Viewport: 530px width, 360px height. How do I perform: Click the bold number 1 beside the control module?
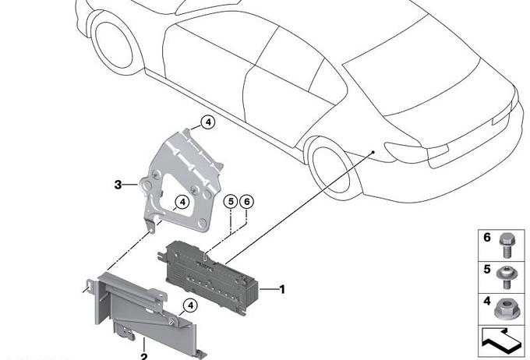point(282,289)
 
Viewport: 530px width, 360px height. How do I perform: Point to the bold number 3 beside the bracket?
point(118,185)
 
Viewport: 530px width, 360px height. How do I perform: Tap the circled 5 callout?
point(231,202)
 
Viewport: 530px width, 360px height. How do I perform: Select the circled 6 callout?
point(247,202)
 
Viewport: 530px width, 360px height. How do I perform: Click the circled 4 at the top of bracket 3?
point(208,122)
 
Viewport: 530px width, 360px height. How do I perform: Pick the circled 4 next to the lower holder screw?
point(191,305)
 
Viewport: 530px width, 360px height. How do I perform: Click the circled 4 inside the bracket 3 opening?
point(182,202)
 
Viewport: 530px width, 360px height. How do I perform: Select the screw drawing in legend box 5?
point(506,277)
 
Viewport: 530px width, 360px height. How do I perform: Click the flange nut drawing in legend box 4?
point(506,309)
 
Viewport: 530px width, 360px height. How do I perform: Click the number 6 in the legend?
point(486,238)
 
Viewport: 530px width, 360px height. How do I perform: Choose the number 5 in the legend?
point(486,269)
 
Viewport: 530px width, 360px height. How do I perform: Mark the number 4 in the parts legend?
point(486,301)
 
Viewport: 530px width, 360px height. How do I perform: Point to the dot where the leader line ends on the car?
point(373,152)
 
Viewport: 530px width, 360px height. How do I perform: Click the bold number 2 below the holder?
point(144,357)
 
